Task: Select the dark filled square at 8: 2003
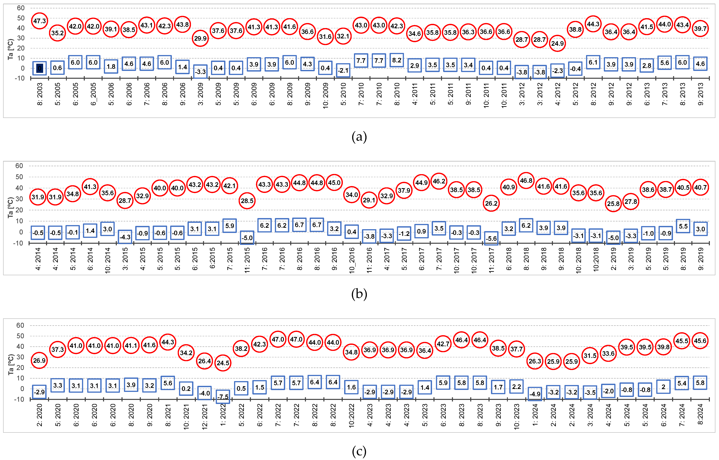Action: click(x=39, y=68)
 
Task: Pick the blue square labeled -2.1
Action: click(x=343, y=71)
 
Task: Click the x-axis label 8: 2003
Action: click(x=40, y=94)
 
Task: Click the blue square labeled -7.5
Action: click(x=223, y=397)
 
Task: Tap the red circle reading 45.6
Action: click(x=700, y=341)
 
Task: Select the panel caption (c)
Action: click(x=359, y=451)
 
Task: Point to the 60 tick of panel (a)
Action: click(x=21, y=8)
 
